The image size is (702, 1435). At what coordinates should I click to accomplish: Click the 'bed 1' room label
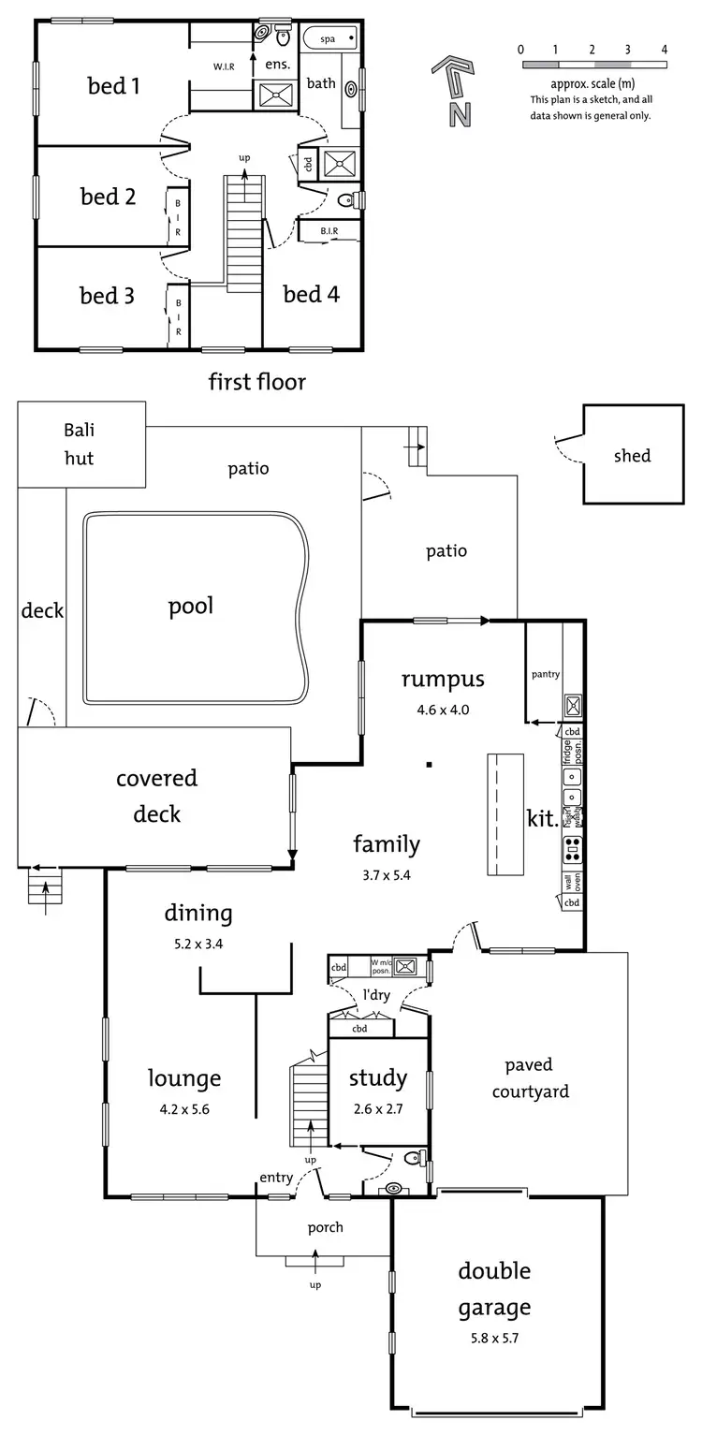pos(113,87)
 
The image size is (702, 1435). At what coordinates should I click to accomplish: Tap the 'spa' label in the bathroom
pos(328,39)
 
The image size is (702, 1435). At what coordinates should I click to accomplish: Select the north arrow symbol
pos(453,90)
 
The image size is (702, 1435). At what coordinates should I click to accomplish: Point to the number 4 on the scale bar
pos(665,50)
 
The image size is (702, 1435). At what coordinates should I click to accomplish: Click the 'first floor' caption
pos(256,382)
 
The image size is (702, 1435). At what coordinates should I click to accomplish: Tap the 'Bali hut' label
pos(80,445)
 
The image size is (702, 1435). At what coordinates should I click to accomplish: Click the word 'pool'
pos(191,606)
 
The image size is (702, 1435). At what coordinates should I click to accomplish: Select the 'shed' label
pos(632,456)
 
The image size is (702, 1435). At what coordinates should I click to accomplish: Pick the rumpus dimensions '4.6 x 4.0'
pos(443,710)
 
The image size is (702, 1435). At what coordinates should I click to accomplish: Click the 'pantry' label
pos(545,674)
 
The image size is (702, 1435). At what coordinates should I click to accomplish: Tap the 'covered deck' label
pos(156,796)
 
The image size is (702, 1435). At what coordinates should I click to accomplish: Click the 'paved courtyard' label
pos(529,1077)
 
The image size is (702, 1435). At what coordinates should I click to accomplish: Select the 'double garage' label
pos(494,1288)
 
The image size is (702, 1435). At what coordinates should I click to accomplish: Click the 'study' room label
pos(378,1078)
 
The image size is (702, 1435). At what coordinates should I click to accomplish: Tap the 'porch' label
pos(325,1227)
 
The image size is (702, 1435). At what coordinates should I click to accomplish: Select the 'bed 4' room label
pos(311,295)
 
